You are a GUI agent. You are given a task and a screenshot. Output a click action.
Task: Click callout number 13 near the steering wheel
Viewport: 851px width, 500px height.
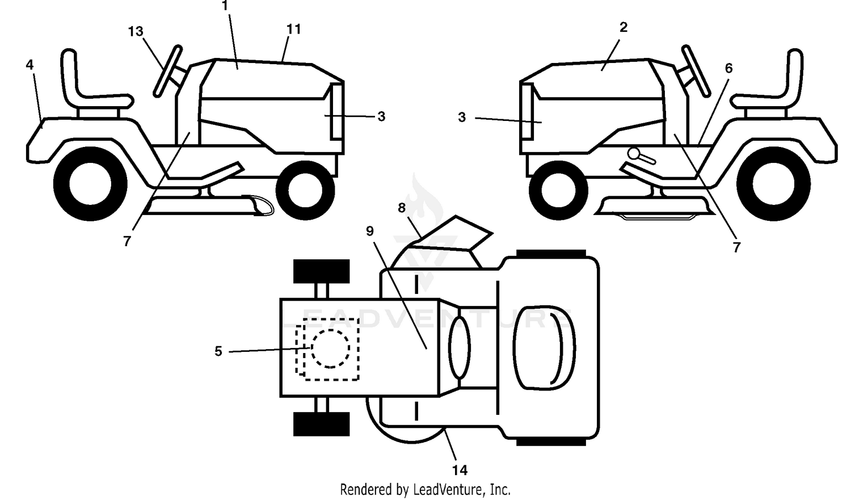135,31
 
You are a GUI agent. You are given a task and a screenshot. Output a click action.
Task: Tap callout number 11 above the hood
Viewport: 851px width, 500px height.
294,29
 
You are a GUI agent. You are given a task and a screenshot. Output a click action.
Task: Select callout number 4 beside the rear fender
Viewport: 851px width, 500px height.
30,65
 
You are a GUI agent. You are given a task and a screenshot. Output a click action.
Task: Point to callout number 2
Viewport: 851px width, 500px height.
623,27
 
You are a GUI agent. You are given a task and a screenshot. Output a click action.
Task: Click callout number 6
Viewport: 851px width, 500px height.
728,68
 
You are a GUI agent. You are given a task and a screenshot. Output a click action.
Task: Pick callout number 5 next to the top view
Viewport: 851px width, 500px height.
218,351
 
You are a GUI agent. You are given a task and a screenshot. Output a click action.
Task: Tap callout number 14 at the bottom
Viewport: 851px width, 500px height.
460,470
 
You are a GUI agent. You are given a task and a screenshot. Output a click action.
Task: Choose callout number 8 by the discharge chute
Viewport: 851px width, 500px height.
402,208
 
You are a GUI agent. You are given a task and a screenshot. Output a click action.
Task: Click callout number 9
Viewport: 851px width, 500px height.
370,230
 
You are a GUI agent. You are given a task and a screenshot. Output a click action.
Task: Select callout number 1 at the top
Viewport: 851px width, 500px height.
225,5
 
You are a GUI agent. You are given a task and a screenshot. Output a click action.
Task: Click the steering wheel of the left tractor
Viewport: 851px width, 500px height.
168,71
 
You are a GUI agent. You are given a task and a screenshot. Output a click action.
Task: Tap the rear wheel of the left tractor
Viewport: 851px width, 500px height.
90,184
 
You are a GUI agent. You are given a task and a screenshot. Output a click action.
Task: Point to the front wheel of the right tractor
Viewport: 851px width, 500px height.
558,190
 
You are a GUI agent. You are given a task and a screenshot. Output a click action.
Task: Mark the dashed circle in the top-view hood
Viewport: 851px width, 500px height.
331,348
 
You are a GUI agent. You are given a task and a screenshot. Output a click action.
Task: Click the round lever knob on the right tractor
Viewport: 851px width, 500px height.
634,153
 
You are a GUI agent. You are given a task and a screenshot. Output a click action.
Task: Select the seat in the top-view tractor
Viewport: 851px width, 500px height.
544,348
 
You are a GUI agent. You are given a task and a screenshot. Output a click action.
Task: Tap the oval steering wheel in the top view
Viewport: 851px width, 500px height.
460,348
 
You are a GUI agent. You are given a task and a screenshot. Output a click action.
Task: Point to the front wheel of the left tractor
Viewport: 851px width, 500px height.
305,190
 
